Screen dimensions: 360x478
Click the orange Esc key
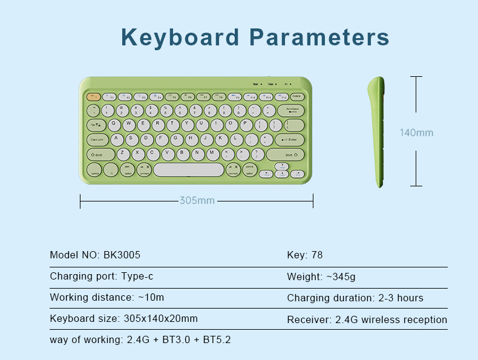[94, 96]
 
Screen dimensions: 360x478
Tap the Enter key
[290, 140]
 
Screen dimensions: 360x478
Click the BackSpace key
[292, 110]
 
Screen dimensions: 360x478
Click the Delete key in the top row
[296, 96]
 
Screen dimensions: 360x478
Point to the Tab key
[95, 125]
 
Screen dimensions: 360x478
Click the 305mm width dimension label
[197, 200]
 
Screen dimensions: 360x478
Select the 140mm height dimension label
[416, 133]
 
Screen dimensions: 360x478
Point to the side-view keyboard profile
[377, 131]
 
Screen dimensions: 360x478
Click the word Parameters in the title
[319, 37]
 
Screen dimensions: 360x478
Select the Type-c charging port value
[136, 277]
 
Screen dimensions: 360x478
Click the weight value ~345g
[341, 277]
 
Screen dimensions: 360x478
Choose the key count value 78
[316, 255]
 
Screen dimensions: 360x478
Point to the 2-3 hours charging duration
[401, 298]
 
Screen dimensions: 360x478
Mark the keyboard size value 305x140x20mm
[160, 318]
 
